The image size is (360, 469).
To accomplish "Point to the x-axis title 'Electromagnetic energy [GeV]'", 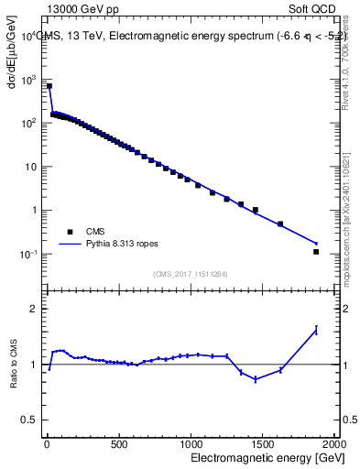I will point(261,456).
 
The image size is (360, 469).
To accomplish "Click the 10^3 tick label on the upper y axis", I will point(28,80).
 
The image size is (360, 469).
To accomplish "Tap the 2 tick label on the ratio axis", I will point(32,309).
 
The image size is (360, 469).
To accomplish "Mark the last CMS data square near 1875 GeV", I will point(316,251).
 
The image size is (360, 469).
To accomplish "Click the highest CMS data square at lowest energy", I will point(49,86).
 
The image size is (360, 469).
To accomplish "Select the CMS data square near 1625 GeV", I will point(280,224).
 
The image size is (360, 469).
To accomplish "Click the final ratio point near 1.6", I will point(316,330).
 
